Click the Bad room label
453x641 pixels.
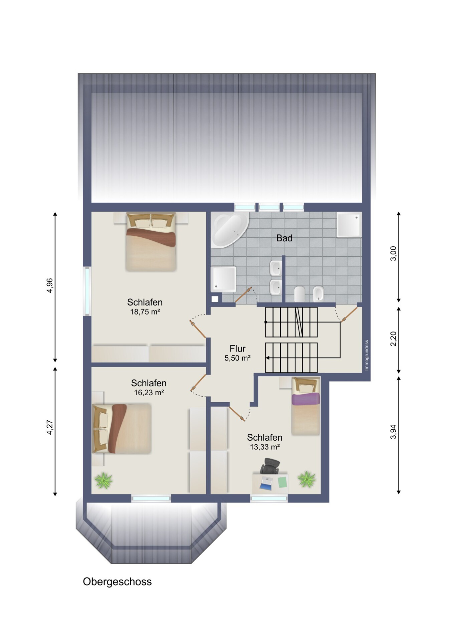tap(284, 238)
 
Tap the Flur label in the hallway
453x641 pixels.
tap(237, 349)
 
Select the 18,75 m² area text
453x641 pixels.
tap(145, 312)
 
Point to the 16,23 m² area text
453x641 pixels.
tap(149, 393)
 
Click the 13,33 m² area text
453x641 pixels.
tap(265, 447)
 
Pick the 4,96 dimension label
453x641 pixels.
tap(50, 285)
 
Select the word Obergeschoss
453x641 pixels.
tap(117, 582)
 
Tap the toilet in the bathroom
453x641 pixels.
tap(299, 294)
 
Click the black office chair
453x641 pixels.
tap(270, 466)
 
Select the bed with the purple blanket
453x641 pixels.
tap(306, 406)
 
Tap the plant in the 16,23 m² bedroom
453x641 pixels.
tap(103, 481)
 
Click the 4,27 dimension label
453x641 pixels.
tap(50, 427)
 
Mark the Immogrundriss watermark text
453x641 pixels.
tap(367, 355)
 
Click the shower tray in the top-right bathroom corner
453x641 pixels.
tap(349, 225)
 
